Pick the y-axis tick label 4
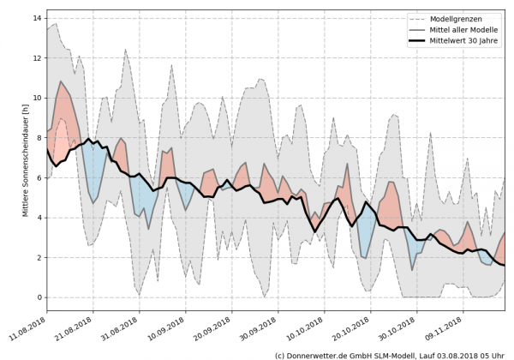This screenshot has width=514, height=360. [x=38, y=218]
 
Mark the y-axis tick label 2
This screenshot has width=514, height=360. [x=38, y=258]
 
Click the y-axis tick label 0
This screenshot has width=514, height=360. [x=38, y=297]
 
